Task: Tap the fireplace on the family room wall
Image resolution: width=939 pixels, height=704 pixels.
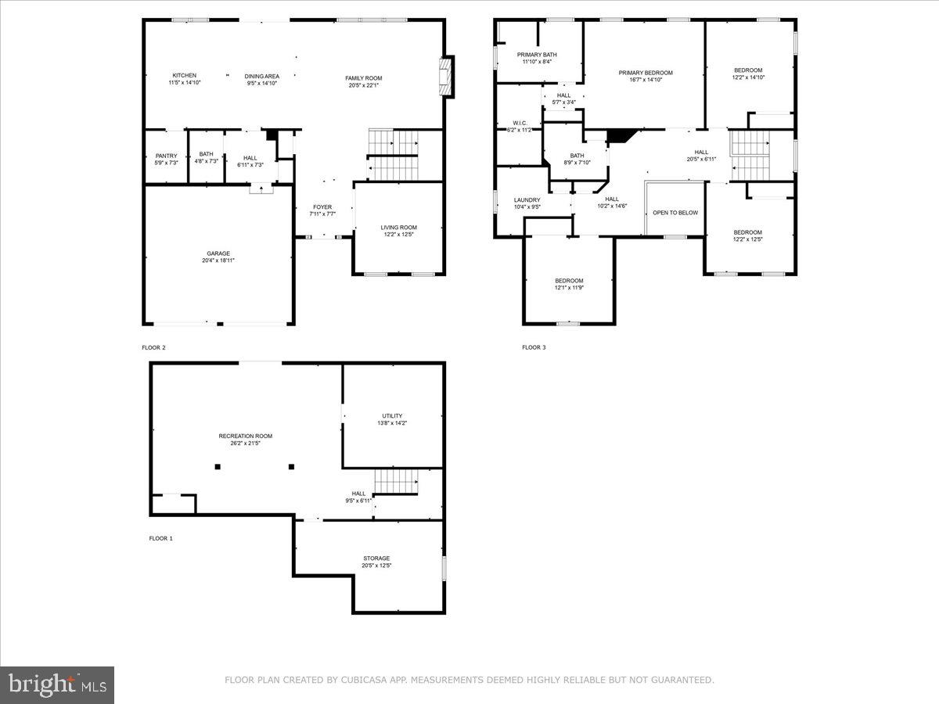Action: [x=447, y=77]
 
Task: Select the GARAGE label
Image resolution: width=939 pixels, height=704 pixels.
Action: [x=218, y=253]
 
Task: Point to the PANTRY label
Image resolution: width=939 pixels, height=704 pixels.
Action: [x=166, y=156]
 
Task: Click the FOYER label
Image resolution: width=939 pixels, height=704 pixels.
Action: [x=322, y=207]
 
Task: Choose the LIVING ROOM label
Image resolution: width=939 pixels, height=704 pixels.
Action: [x=398, y=228]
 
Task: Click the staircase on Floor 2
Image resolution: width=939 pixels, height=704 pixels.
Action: [x=394, y=153]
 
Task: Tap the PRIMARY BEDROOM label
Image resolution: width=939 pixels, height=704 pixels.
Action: [x=646, y=73]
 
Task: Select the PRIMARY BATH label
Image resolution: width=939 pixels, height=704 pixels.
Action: [x=537, y=55]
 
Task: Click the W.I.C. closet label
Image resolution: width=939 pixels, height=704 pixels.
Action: [x=520, y=123]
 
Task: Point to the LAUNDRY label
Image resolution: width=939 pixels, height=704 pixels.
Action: [x=527, y=200]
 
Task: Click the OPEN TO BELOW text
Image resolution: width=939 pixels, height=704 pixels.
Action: [x=675, y=213]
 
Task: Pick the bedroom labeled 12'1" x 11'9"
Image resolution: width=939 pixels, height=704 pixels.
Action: [x=569, y=281]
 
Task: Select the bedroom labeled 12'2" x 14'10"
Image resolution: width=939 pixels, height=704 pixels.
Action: [x=748, y=70]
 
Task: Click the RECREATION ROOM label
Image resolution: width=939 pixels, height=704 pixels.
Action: [x=246, y=436]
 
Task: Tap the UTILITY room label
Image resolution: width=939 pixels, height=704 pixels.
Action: [x=392, y=416]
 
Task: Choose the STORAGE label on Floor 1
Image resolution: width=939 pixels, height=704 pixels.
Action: [x=376, y=559]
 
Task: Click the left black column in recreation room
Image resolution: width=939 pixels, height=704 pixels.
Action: [x=218, y=467]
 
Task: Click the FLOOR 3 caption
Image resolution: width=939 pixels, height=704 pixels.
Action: [x=534, y=347]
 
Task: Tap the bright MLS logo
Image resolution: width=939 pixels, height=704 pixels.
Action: [x=57, y=685]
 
